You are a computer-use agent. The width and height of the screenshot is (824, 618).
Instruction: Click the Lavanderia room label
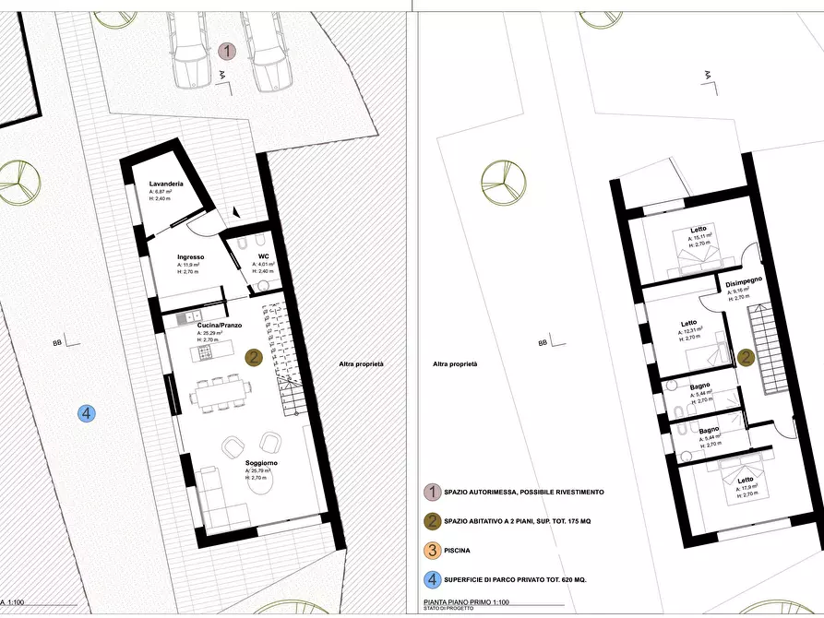pyautogui.click(x=166, y=184)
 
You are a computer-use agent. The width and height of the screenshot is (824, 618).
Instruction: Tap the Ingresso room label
pyautogui.click(x=190, y=257)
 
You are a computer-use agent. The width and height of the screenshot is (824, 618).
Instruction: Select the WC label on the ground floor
pyautogui.click(x=263, y=256)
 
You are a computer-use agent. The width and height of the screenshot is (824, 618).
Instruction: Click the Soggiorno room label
pyautogui.click(x=261, y=463)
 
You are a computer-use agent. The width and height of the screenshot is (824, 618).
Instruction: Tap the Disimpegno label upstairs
pyautogui.click(x=743, y=283)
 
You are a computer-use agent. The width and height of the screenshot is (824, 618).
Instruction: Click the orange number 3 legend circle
pyautogui.click(x=430, y=551)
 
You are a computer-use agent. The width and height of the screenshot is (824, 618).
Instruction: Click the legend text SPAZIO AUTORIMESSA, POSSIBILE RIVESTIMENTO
pyautogui.click(x=524, y=492)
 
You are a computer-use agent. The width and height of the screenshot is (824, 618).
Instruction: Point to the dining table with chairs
pyautogui.click(x=221, y=396)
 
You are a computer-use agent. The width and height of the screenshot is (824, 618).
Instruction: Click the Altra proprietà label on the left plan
pyautogui.click(x=361, y=364)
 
